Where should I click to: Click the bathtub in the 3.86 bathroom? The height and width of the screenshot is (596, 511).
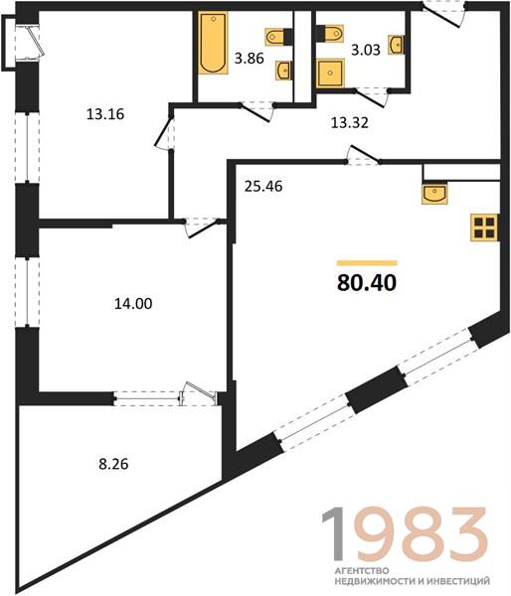point(213,43)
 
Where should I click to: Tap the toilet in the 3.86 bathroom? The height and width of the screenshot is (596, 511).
point(278,37)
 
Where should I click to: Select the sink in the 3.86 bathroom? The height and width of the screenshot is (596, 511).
point(283,71)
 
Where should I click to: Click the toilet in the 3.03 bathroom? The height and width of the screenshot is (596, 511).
point(330,33)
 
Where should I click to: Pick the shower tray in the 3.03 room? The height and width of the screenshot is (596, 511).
point(330,73)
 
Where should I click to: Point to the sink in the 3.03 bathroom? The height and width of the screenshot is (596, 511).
point(396,45)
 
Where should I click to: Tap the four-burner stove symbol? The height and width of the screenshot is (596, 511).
point(484,227)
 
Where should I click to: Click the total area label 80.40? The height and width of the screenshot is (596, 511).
point(367,282)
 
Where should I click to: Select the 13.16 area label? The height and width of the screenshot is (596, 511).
point(105,113)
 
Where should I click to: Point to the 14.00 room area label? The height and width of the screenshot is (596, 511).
point(133,304)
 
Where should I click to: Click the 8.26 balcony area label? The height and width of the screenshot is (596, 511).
point(113,464)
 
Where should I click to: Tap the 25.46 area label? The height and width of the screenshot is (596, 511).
point(263,187)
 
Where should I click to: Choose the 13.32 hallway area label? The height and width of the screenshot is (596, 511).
point(350,123)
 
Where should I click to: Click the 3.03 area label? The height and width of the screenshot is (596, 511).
point(366,50)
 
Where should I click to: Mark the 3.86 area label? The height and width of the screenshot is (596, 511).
point(250,59)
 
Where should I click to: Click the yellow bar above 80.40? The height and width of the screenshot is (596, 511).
point(367,263)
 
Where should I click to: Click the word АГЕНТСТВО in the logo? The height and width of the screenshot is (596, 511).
point(362,571)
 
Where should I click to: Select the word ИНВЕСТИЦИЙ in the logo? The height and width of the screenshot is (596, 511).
point(458,581)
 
